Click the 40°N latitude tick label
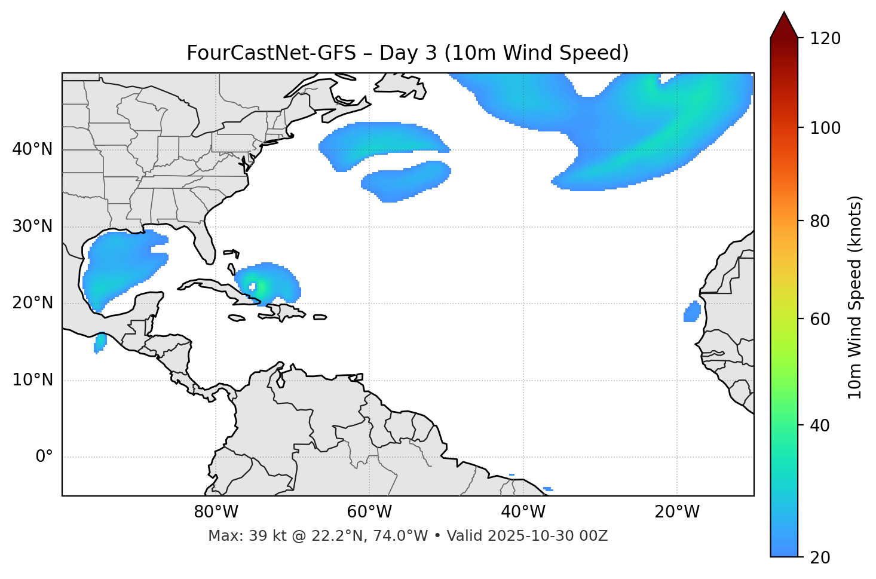pyautogui.click(x=32, y=149)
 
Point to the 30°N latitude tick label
pyautogui.click(x=32, y=226)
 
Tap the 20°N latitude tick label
pyautogui.click(x=32, y=303)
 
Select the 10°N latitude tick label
pyautogui.click(x=32, y=380)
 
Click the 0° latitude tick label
pyautogui.click(x=44, y=457)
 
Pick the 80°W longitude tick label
pyautogui.click(x=216, y=512)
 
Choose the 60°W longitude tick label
pyautogui.click(x=369, y=512)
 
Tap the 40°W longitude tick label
pyautogui.click(x=523, y=512)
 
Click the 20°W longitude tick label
pyautogui.click(x=676, y=512)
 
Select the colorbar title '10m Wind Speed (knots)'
pyautogui.click(x=855, y=298)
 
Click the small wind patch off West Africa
pyautogui.click(x=692, y=311)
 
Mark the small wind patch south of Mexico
pyautogui.click(x=100, y=342)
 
